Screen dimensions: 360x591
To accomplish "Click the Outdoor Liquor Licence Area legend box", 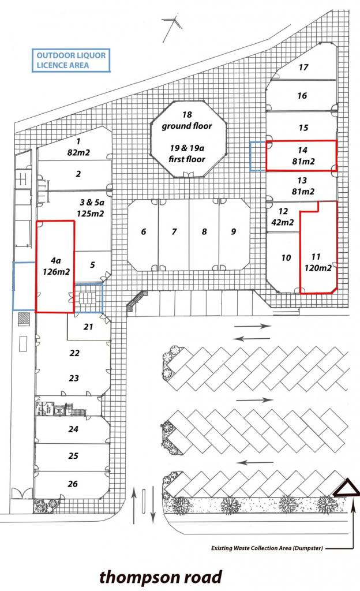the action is pos(71,60).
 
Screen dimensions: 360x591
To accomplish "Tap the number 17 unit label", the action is pos(303,67).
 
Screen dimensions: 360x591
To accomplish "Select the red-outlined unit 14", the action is pos(301,156).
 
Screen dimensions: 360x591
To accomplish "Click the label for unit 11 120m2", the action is pos(318,263).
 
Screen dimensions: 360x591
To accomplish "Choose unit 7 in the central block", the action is pos(174,235).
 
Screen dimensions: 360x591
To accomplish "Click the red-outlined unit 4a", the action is pos(55,267).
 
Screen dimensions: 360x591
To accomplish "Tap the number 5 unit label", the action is pos(93,265).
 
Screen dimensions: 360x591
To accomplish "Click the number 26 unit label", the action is pos(73,484).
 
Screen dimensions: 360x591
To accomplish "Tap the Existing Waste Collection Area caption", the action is pos(267,548).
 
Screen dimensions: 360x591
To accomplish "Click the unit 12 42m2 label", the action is pos(283,217).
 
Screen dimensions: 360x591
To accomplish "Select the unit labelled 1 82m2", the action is pos(78,147).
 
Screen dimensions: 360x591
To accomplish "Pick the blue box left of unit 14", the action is pos(258,156).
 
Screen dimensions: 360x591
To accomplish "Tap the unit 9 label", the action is pos(234,231).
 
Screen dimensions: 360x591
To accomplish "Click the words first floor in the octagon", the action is pos(187,159).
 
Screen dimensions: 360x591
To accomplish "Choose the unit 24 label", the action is pos(73,429).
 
